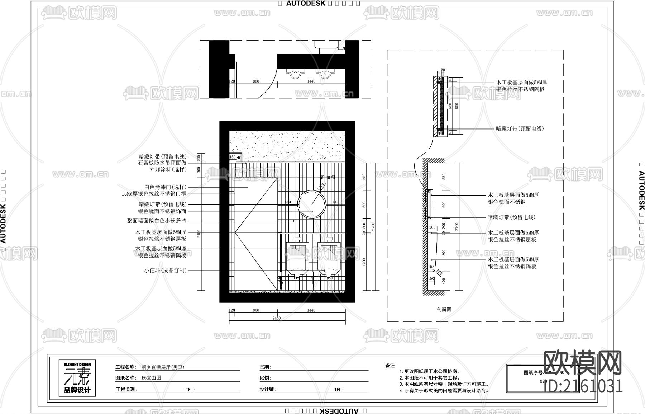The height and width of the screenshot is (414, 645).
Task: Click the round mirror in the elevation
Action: click(x=312, y=203)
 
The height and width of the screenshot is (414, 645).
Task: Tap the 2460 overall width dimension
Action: click(x=277, y=318)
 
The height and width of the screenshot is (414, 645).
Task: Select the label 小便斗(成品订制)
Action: click(x=165, y=270)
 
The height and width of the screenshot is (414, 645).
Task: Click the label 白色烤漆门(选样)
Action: click(x=165, y=187)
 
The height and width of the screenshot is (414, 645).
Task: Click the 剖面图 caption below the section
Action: click(x=444, y=309)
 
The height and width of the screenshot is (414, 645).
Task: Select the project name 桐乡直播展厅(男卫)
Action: click(x=163, y=367)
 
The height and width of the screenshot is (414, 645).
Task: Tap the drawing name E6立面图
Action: click(x=151, y=378)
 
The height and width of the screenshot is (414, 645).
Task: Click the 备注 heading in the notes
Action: click(x=391, y=366)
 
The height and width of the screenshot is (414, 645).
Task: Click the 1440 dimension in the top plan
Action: click(x=311, y=81)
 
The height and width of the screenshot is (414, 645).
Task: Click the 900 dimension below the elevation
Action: click(x=256, y=310)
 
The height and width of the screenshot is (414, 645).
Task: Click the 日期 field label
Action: click(x=265, y=367)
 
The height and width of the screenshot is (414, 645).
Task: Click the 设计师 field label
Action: click(x=267, y=389)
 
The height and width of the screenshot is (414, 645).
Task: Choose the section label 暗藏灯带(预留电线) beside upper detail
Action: click(x=520, y=128)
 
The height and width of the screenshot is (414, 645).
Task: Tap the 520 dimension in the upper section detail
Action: click(x=450, y=106)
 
